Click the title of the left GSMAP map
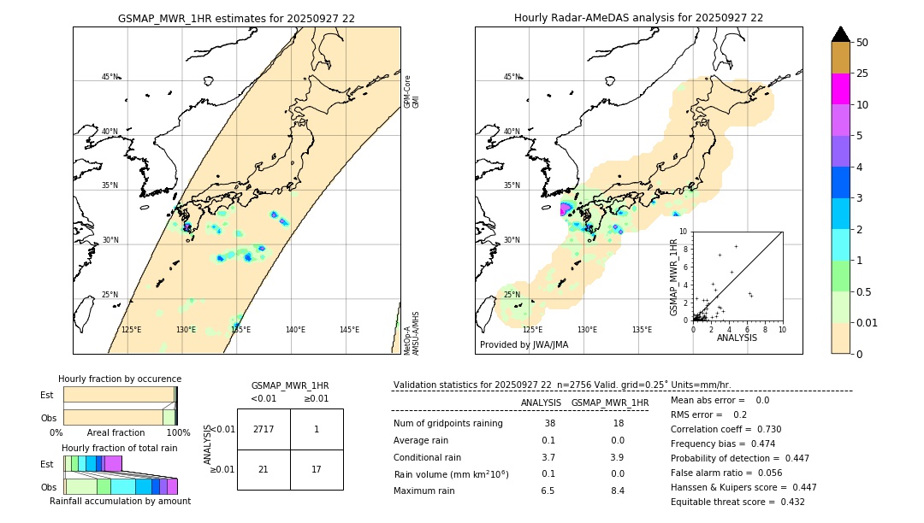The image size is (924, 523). click(x=236, y=18)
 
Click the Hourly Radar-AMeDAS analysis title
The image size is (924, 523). click(x=638, y=18)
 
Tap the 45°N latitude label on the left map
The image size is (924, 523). click(x=110, y=77)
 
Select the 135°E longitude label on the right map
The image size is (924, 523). click(x=642, y=330)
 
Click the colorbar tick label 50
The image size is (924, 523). click(x=863, y=43)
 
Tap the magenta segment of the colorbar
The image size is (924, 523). click(x=841, y=89)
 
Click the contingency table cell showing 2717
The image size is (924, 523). click(x=264, y=429)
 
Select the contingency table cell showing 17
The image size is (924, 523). click(x=317, y=469)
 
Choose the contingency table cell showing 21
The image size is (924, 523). click(x=264, y=469)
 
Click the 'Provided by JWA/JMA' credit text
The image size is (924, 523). click(x=524, y=345)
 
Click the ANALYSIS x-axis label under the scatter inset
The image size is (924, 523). click(x=737, y=338)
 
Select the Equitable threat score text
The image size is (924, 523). click(x=737, y=502)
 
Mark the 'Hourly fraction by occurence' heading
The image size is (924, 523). click(x=120, y=379)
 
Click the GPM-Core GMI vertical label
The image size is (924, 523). click(x=411, y=91)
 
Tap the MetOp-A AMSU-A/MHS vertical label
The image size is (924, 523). click(x=411, y=333)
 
